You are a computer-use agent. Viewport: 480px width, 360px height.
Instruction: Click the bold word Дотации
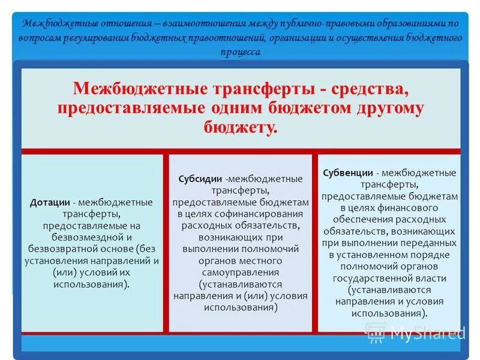click(x=47, y=202)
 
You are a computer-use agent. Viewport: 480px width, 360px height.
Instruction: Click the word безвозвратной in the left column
click(x=61, y=249)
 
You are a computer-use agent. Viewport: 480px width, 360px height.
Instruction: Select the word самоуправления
click(x=240, y=273)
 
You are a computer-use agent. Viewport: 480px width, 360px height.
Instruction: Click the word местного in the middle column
click(x=264, y=261)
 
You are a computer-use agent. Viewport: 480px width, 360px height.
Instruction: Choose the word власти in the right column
click(x=431, y=278)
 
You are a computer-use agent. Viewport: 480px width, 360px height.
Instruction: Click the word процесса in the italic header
click(x=240, y=52)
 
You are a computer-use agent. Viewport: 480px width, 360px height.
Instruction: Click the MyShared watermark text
click(x=426, y=332)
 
